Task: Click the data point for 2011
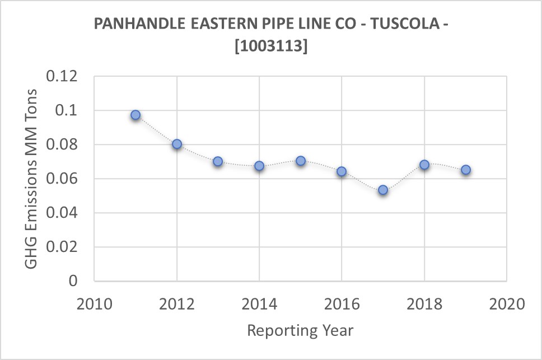tap(135, 115)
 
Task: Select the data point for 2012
tap(177, 144)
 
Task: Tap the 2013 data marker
tap(218, 161)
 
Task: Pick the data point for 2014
tap(259, 166)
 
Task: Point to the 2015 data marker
tap(301, 161)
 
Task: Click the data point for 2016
tap(342, 171)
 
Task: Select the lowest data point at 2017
tap(383, 190)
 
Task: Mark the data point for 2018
tap(424, 165)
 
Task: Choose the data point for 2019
tap(465, 170)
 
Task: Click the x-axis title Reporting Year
tap(300, 330)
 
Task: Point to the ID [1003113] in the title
tap(271, 47)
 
